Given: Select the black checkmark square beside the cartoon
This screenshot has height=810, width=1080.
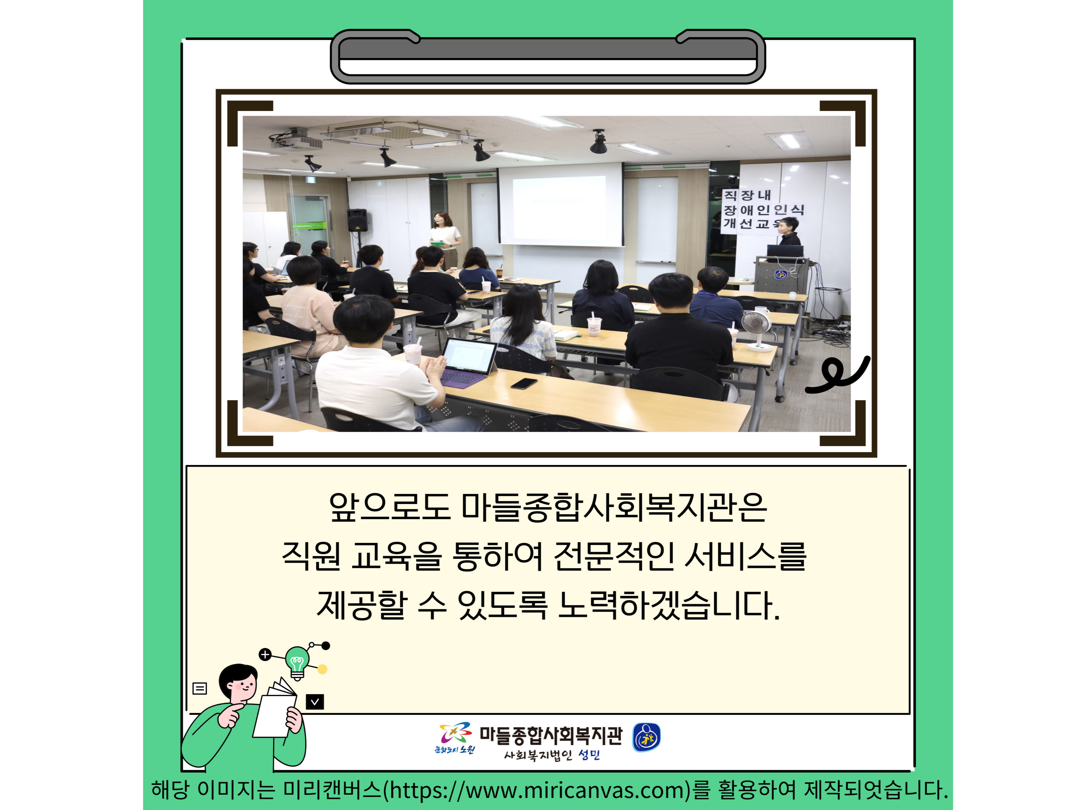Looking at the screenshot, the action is pyautogui.click(x=315, y=702).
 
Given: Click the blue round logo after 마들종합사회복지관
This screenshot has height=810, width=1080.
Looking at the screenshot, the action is pyautogui.click(x=646, y=737).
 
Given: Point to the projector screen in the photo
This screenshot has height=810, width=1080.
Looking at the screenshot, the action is pyautogui.click(x=560, y=204).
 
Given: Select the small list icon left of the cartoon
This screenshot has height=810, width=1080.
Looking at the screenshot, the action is pyautogui.click(x=200, y=688).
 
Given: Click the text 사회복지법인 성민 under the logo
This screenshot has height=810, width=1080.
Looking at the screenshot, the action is pyautogui.click(x=552, y=755).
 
